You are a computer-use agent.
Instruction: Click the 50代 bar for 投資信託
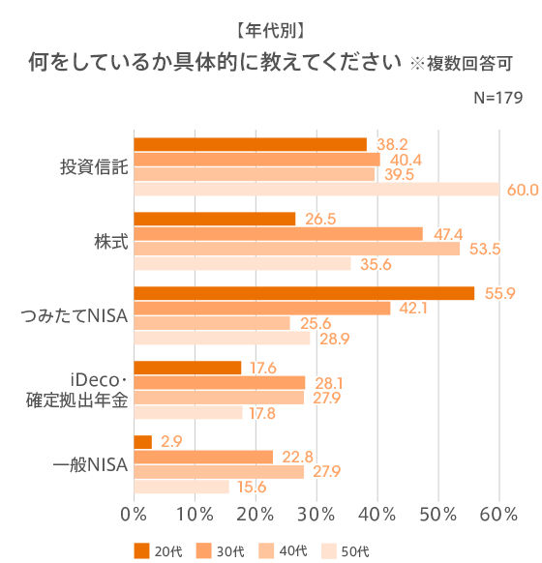pos(316,190)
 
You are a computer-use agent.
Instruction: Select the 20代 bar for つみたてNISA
pos(304,293)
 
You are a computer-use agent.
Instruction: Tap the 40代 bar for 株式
pos(296,249)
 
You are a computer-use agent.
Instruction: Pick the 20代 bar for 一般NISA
pos(142,442)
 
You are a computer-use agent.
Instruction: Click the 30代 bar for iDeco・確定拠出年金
pos(219,382)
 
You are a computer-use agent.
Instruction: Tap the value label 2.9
pos(172,442)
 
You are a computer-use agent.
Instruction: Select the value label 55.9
pos(498,293)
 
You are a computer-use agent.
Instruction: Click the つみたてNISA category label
pos(75,315)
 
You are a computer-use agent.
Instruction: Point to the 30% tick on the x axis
pos(316,513)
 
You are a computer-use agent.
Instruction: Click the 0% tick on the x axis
pos(133,513)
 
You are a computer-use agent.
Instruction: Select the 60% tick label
pos(499,513)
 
